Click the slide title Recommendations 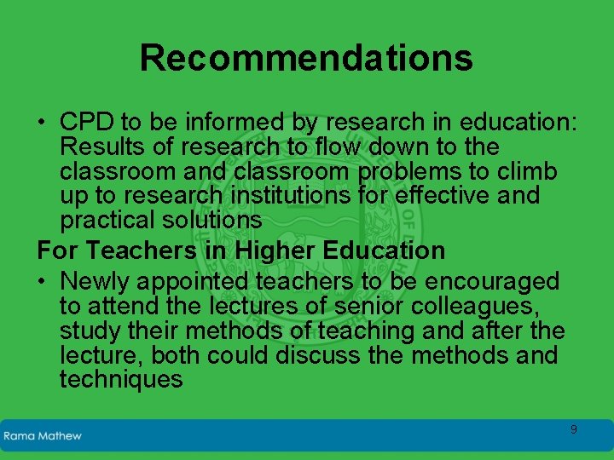(306, 58)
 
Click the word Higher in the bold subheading (276, 250)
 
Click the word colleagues (472, 306)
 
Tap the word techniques (121, 380)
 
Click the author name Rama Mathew (43, 436)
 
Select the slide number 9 (573, 430)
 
